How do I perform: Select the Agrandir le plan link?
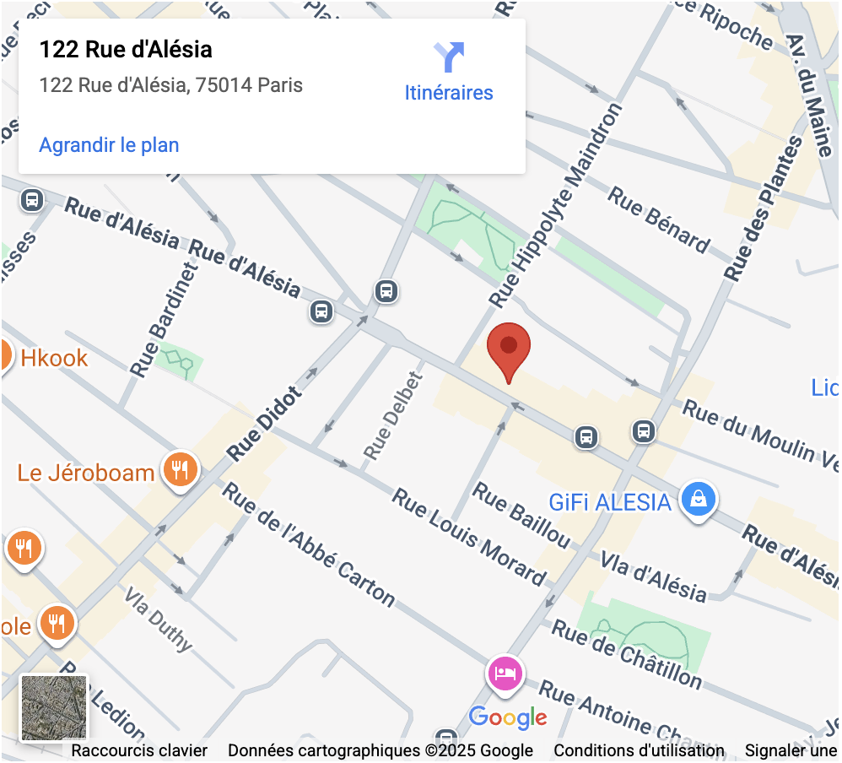[109, 144]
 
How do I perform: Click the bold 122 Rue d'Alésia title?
[126, 50]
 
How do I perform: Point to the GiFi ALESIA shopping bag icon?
[699, 499]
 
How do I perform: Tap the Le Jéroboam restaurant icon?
[180, 468]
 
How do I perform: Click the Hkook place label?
[54, 358]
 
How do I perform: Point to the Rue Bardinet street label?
[164, 320]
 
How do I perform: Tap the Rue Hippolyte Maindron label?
[557, 204]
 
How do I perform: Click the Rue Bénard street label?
[659, 221]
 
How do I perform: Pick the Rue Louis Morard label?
[469, 536]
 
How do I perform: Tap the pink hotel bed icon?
[505, 674]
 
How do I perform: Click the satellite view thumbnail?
[54, 707]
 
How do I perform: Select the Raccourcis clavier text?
[139, 750]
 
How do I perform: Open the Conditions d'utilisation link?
[639, 750]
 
